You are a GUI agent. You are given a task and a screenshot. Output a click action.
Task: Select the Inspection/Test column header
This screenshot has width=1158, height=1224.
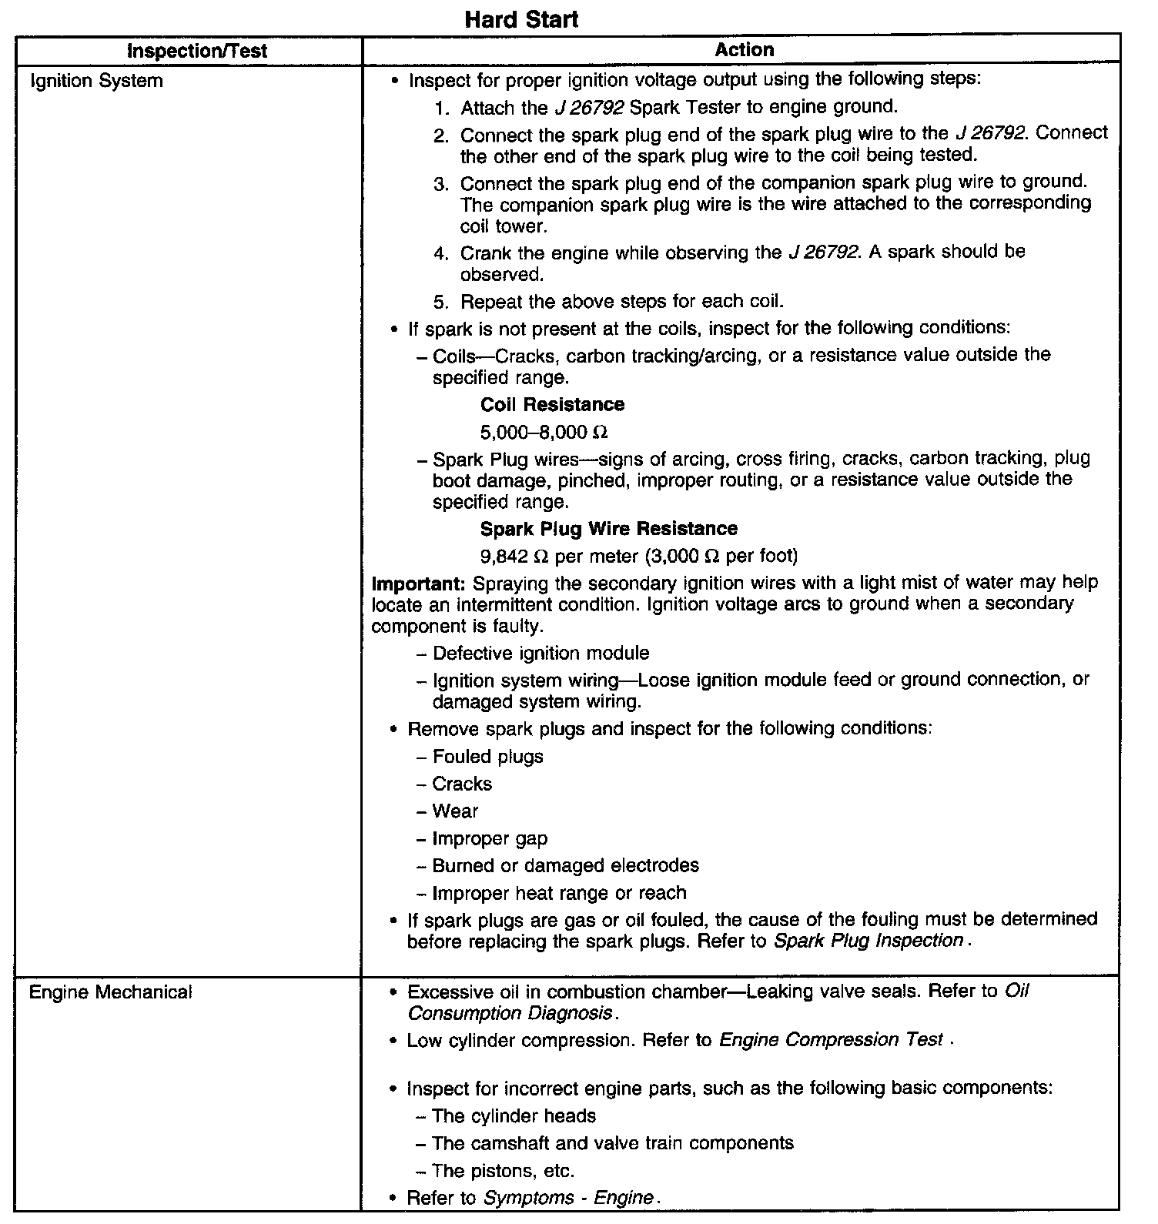click(x=197, y=52)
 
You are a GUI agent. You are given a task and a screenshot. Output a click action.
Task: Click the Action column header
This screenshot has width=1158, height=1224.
click(x=744, y=50)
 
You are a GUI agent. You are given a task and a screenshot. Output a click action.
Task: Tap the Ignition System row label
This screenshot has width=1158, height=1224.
click(x=96, y=81)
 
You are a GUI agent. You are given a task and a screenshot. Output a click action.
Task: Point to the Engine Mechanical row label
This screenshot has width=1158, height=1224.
click(x=110, y=992)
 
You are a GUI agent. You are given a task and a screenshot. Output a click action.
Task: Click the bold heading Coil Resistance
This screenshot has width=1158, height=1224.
click(x=552, y=405)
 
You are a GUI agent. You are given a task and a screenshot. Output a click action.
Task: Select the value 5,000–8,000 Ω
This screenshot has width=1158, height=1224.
click(x=544, y=431)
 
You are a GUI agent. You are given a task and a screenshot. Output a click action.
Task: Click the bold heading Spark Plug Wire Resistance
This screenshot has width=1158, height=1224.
click(x=608, y=529)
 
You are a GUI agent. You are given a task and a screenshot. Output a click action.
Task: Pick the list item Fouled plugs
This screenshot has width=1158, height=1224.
click(x=487, y=757)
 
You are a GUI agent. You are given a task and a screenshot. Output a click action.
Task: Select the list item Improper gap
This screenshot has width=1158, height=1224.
click(x=490, y=838)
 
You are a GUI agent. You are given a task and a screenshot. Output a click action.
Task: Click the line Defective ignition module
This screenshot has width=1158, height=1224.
click(x=541, y=654)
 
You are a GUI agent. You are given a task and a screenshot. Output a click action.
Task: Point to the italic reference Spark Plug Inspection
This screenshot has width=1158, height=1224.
click(x=868, y=941)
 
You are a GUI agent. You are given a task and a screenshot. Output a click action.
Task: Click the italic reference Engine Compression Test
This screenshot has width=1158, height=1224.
click(x=830, y=1040)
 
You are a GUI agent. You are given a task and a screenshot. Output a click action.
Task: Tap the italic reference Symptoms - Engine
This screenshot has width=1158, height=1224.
click(x=568, y=1198)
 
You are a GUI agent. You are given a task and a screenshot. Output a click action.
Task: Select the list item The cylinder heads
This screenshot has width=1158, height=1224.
click(x=514, y=1115)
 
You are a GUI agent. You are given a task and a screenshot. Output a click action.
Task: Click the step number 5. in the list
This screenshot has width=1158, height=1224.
click(x=440, y=302)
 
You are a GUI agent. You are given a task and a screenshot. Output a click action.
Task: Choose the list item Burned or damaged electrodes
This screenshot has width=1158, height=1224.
click(x=565, y=865)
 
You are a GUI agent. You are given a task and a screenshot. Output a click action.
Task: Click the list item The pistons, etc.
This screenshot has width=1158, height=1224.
click(x=504, y=1171)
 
